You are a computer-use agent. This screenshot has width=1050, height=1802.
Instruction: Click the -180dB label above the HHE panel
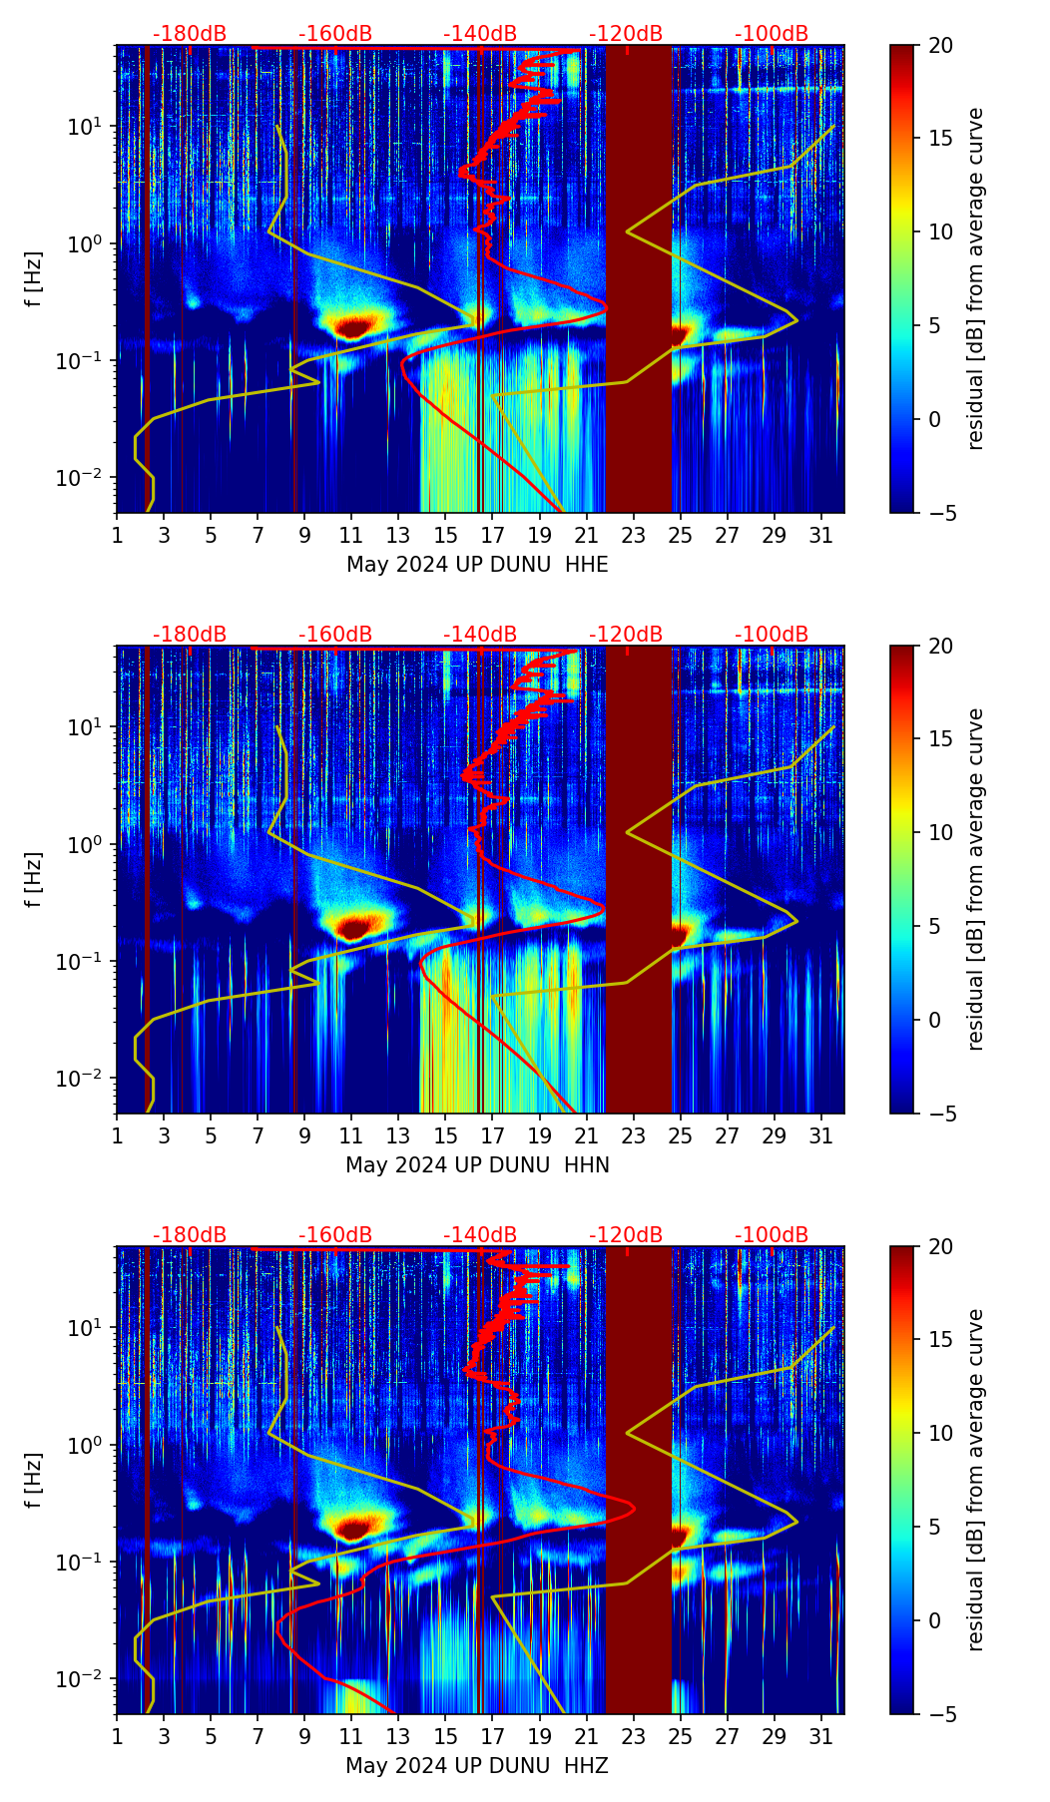coord(190,34)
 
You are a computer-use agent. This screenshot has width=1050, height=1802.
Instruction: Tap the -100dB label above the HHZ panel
coord(772,1235)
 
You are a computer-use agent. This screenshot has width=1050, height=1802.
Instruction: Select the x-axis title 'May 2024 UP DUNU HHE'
coord(477,565)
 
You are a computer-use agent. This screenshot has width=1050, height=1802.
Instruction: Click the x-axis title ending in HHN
coord(477,1165)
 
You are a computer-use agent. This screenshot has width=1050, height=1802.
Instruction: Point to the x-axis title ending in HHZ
coord(477,1766)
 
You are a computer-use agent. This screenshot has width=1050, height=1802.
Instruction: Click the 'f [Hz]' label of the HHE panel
coord(34,279)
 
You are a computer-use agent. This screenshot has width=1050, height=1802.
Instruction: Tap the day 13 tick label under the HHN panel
coord(398,1136)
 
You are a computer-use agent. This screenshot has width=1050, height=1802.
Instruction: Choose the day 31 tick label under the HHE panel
coord(821,536)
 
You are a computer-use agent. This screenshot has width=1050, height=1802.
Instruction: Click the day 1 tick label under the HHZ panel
coord(117,1737)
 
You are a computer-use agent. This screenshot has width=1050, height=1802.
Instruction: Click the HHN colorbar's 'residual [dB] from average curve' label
coord(975,879)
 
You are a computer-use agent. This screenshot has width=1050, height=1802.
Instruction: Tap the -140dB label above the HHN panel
coord(480,635)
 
